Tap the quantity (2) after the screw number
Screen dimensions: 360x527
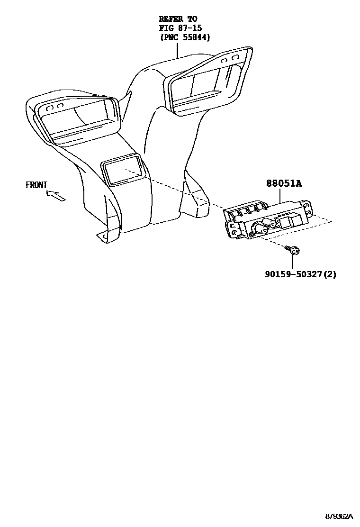[331, 274]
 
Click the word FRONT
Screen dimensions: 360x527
[36, 185]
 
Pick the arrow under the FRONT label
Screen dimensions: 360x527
[56, 195]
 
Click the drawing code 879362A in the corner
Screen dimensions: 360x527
[339, 516]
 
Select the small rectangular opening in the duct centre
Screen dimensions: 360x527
[122, 171]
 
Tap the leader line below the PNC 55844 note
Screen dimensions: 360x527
[177, 50]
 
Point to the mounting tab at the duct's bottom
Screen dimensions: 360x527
[102, 235]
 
